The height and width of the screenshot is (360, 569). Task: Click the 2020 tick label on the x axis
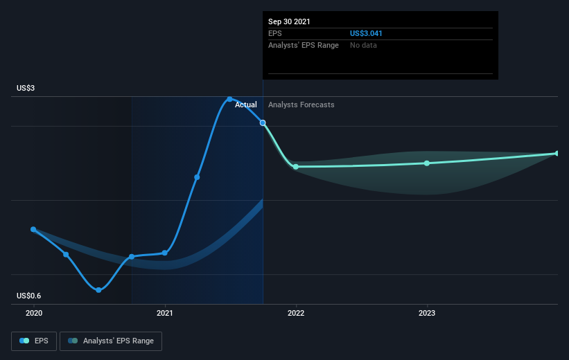coord(33,313)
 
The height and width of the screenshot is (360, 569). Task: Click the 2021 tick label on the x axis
coord(165,313)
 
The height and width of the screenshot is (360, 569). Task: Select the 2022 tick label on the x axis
coord(296,313)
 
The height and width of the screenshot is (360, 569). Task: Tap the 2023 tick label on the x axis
coord(427,313)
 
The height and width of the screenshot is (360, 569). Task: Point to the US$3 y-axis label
coord(26,89)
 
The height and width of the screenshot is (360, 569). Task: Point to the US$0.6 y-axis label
coord(29,296)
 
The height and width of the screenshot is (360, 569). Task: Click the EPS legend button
coord(34,341)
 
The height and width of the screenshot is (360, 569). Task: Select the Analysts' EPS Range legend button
coord(111,341)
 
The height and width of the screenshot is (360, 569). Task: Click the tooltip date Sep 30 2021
coord(290,21)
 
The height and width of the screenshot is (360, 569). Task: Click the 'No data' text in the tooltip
coord(364,45)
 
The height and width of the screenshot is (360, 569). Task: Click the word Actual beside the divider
coord(245,105)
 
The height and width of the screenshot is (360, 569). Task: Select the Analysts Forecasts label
coord(301,105)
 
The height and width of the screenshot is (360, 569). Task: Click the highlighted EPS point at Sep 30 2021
coord(263,123)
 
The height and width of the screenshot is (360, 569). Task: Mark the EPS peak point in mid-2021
coord(229,99)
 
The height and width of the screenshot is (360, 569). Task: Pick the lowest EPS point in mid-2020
coord(98,290)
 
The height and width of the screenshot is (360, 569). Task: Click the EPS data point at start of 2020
coord(33,229)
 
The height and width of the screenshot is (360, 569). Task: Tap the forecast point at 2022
coord(296,166)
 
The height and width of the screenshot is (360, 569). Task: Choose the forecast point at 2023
coord(427,163)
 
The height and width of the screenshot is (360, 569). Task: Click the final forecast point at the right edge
coord(557,153)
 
